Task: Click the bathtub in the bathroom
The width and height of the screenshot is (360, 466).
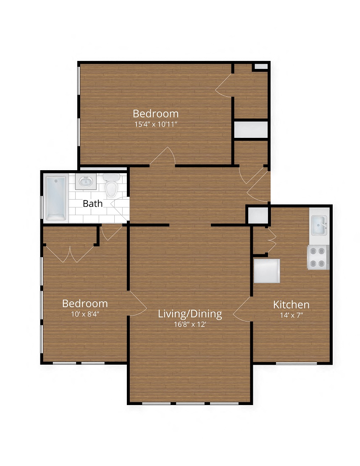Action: (55, 198)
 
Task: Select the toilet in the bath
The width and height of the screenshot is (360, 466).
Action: (111, 186)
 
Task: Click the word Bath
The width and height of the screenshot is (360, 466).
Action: (92, 204)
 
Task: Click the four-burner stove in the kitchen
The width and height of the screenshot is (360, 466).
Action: (318, 257)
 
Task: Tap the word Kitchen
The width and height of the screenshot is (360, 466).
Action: (291, 305)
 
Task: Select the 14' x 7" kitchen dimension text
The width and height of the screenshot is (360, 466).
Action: (291, 315)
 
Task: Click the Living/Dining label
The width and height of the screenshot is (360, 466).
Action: (190, 314)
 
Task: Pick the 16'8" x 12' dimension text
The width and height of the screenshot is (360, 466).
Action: (190, 324)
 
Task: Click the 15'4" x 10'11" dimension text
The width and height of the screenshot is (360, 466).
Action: (156, 124)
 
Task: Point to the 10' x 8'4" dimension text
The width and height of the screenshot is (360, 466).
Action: (85, 313)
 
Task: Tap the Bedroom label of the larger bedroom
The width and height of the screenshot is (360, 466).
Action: (156, 113)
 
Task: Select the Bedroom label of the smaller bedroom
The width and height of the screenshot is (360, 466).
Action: (85, 303)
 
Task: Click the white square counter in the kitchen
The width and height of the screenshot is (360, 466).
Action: (267, 271)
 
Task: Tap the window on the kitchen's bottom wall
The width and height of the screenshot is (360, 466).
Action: (297, 363)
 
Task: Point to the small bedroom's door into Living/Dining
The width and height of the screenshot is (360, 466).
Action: (137, 303)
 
